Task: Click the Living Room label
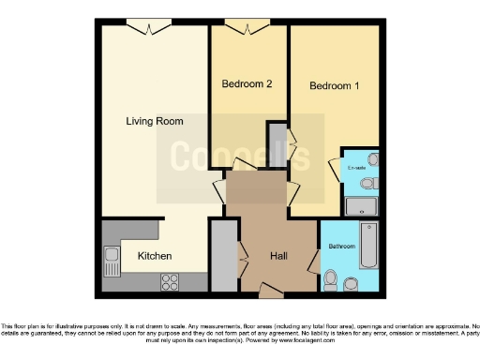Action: click(x=155, y=121)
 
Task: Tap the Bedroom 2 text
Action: click(x=247, y=84)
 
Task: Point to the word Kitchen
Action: click(x=155, y=255)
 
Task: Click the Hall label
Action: click(x=279, y=254)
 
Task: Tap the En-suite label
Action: click(x=357, y=168)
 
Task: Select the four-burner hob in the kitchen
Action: click(x=171, y=279)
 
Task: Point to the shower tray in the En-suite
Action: click(x=361, y=206)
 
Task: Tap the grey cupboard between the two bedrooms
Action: click(x=277, y=144)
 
